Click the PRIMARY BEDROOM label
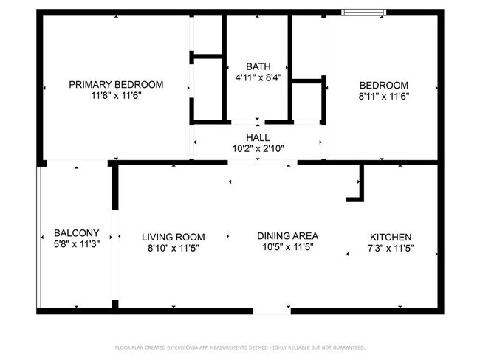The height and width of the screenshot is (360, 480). pos(116,84)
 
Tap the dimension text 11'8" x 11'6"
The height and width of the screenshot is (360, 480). pos(116,96)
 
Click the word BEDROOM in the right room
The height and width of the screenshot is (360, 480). pos(383,84)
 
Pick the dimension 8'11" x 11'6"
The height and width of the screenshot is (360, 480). pos(383,96)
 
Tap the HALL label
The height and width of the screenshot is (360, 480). pos(258,137)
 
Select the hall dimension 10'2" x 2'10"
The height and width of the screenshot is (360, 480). pos(258,148)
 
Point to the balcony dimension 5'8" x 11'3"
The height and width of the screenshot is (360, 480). pos(76,243)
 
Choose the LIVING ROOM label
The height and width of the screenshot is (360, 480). pos(173,237)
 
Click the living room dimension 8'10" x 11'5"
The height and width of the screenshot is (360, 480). pos(173,249)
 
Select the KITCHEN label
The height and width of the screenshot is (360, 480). pos(391,237)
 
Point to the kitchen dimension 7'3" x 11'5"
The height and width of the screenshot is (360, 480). pos(391,249)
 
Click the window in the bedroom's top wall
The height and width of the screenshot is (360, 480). pos(363,12)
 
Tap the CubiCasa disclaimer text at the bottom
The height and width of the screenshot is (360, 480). pos(240,347)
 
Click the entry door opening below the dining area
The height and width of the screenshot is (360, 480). pos(271,311)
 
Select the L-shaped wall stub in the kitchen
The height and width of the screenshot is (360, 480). pos(358,189)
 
